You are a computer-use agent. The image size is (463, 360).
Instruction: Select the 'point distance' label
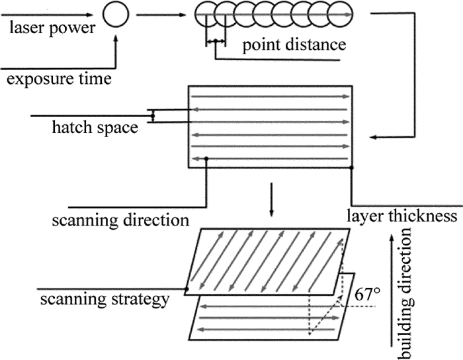(x=294, y=46)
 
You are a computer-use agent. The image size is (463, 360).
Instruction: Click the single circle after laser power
(x=117, y=13)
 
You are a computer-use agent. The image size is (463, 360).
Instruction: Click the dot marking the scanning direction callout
(x=207, y=158)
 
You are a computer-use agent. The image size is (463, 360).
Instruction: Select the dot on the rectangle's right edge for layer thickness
(x=351, y=167)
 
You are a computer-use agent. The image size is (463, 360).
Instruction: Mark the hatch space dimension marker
(x=153, y=116)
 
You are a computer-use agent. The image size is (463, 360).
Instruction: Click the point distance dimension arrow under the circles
(x=216, y=42)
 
